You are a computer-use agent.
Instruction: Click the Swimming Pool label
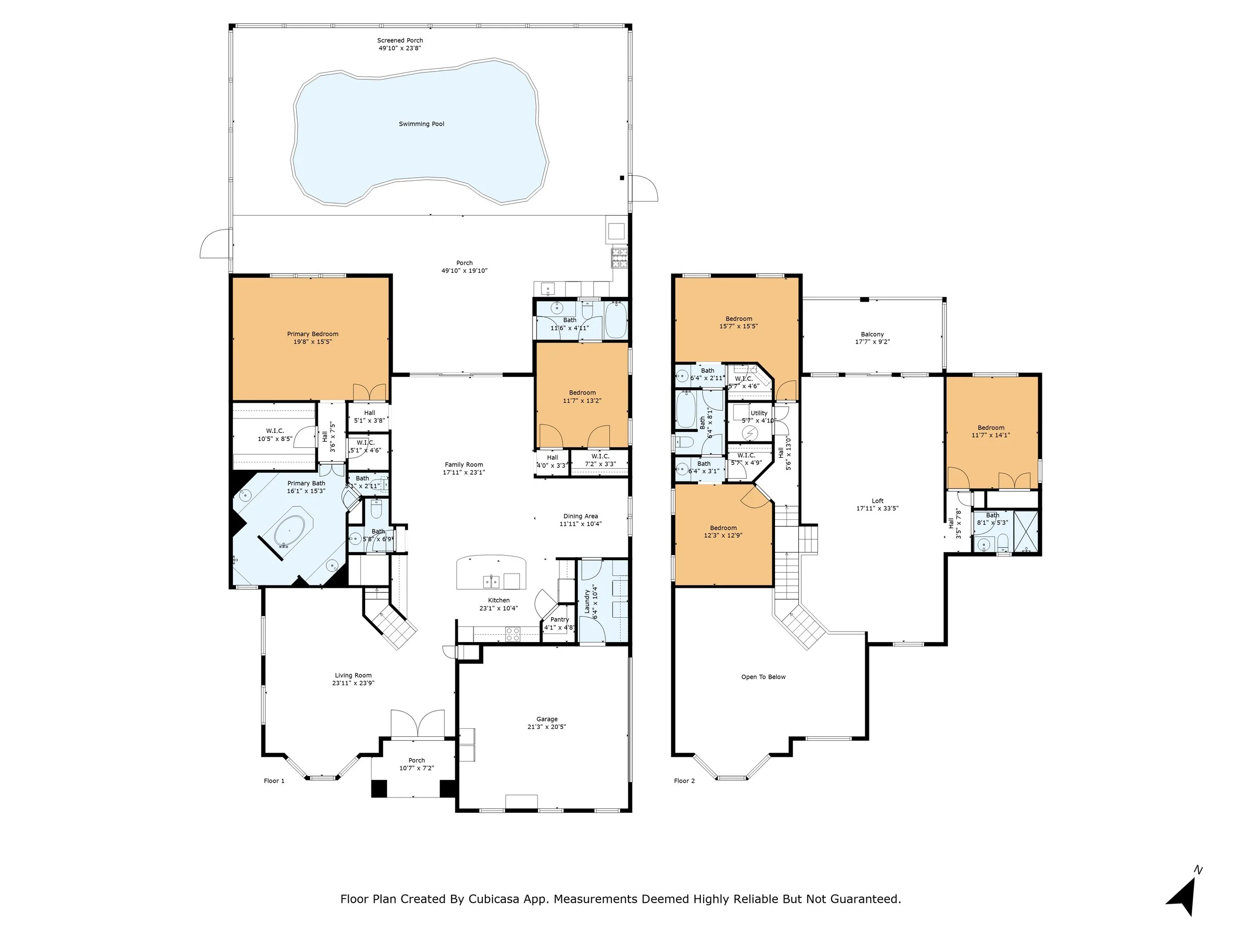click(421, 124)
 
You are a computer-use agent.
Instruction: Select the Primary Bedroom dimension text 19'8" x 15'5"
click(313, 342)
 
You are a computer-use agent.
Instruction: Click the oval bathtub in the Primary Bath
click(289, 531)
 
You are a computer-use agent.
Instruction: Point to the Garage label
click(546, 719)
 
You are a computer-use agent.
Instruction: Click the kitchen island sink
click(491, 581)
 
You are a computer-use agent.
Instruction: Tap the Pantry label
click(559, 620)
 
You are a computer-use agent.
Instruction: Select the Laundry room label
click(587, 601)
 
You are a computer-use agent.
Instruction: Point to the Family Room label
click(464, 465)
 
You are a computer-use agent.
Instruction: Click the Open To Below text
click(763, 677)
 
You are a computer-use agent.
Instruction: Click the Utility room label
click(759, 413)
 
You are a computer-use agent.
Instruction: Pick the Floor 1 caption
click(274, 781)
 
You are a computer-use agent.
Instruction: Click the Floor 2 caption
click(685, 781)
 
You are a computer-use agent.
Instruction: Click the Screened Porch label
click(400, 40)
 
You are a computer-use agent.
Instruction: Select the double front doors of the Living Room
click(417, 724)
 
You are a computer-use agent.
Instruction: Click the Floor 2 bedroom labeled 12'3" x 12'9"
click(723, 531)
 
